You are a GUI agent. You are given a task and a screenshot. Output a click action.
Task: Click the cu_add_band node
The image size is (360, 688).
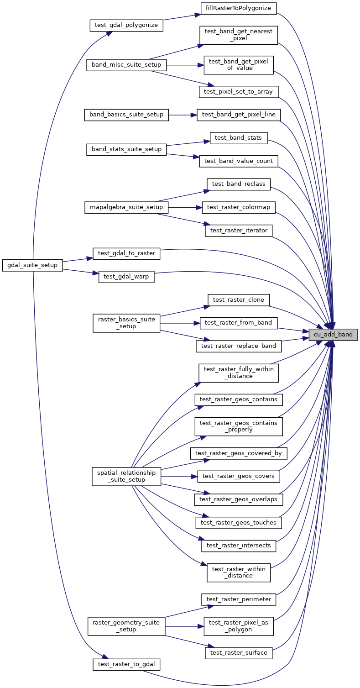point(333,335)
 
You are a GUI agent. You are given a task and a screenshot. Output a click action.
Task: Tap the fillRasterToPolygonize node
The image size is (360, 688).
point(239,8)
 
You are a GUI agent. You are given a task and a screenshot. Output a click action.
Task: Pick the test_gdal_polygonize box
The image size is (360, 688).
point(126,25)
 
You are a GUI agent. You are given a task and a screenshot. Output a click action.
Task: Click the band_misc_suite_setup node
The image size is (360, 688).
point(126,65)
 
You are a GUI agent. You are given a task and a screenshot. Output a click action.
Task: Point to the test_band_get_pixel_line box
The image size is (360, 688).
point(238,115)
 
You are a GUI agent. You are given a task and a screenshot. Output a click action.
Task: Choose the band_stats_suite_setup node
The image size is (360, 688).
point(126,149)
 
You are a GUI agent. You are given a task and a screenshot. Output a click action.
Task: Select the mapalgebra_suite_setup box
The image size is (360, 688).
point(126,207)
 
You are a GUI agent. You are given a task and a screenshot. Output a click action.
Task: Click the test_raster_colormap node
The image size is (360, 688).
point(238,207)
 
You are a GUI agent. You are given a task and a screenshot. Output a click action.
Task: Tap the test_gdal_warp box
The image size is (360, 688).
point(126,277)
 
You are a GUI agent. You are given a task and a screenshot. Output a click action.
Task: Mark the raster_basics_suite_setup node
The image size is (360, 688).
point(126,323)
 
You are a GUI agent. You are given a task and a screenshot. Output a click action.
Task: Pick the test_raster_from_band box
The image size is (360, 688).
point(238,323)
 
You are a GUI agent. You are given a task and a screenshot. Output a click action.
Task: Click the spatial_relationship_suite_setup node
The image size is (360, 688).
point(126,476)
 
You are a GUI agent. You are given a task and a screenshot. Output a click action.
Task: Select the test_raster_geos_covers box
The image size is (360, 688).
point(238,476)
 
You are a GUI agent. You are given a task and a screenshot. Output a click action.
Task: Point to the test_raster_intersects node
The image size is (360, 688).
point(238,545)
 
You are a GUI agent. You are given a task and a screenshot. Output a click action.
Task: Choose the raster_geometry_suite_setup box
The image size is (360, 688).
point(126,625)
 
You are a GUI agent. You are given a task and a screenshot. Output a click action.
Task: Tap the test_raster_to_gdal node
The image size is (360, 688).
point(126,664)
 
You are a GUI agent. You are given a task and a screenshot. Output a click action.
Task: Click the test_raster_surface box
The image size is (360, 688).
point(238,653)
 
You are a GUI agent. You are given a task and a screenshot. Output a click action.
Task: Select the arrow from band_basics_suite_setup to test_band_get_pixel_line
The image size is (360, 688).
point(183,115)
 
